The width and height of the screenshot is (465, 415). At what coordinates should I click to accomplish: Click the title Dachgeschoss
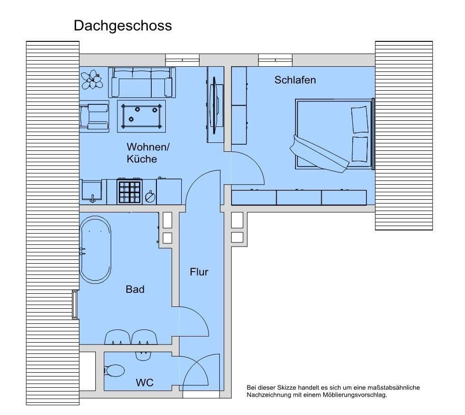click(x=123, y=25)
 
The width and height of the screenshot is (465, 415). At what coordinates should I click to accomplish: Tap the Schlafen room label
click(x=295, y=80)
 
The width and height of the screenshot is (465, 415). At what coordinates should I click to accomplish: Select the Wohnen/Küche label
click(x=147, y=153)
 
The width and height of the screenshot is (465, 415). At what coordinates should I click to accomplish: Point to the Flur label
click(x=199, y=272)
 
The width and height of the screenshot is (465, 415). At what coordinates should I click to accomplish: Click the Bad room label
click(x=135, y=290)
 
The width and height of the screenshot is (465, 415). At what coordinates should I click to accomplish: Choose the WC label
click(x=145, y=383)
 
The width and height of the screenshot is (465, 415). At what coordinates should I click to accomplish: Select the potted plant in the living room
click(x=92, y=79)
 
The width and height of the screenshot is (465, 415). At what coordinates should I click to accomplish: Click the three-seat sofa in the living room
click(x=141, y=83)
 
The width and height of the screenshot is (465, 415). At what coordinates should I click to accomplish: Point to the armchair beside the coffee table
click(x=95, y=116)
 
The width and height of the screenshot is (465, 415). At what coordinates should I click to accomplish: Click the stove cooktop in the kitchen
click(x=129, y=192)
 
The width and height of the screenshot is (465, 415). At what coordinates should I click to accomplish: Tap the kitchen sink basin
click(x=93, y=191)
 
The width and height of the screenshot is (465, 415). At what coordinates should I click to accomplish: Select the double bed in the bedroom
click(x=333, y=134)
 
